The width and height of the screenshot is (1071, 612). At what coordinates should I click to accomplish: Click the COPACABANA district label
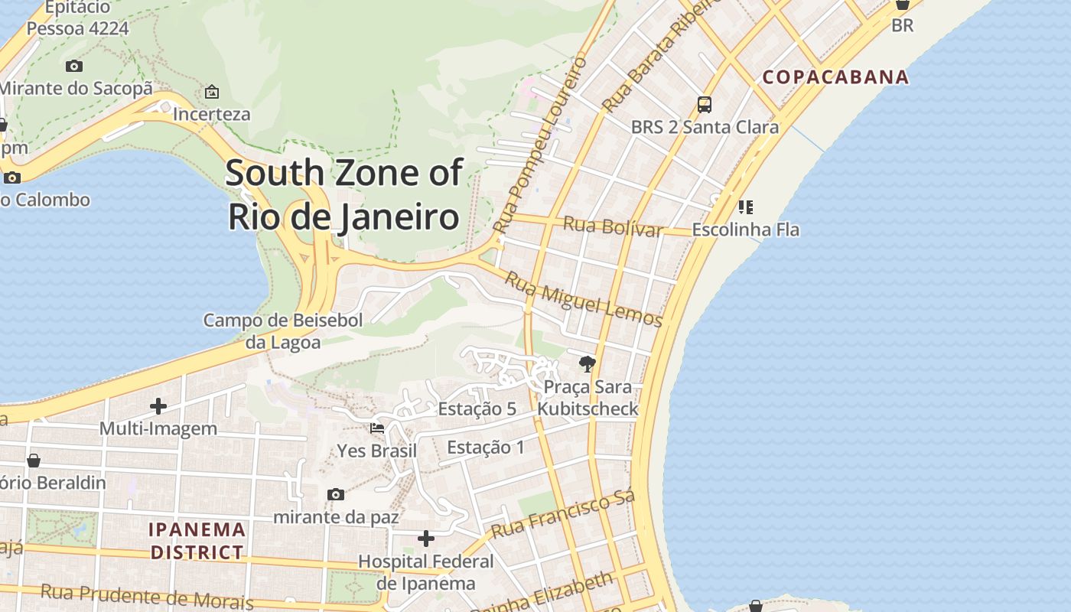point(835,77)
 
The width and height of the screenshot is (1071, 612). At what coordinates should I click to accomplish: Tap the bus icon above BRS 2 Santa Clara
point(705,105)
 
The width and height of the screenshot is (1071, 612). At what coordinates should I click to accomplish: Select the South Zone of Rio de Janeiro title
point(343,195)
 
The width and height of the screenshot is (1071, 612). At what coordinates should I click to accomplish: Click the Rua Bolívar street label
point(613,227)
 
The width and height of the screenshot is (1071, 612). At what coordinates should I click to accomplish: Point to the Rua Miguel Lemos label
point(583,301)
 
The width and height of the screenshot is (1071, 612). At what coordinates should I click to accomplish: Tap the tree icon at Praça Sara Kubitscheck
point(588,364)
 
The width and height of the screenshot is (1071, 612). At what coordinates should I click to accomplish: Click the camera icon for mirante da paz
point(335,495)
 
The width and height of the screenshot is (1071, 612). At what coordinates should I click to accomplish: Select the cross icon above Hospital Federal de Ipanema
point(426,539)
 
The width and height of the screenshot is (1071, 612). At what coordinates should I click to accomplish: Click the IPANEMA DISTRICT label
point(197,541)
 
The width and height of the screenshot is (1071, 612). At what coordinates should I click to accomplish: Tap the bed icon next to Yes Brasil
point(377,428)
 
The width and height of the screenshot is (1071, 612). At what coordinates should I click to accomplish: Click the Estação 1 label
point(486,448)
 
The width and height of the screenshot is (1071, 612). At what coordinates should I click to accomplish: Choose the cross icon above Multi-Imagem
point(158,406)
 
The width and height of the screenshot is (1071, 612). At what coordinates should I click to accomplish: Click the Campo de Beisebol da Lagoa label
point(282,331)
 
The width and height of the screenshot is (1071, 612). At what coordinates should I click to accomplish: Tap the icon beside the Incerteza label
point(212,93)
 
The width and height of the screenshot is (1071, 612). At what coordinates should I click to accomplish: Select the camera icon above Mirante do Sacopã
point(74,67)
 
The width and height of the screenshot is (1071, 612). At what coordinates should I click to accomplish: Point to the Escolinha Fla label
point(745,229)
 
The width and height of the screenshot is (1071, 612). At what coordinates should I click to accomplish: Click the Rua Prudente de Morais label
point(146,595)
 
